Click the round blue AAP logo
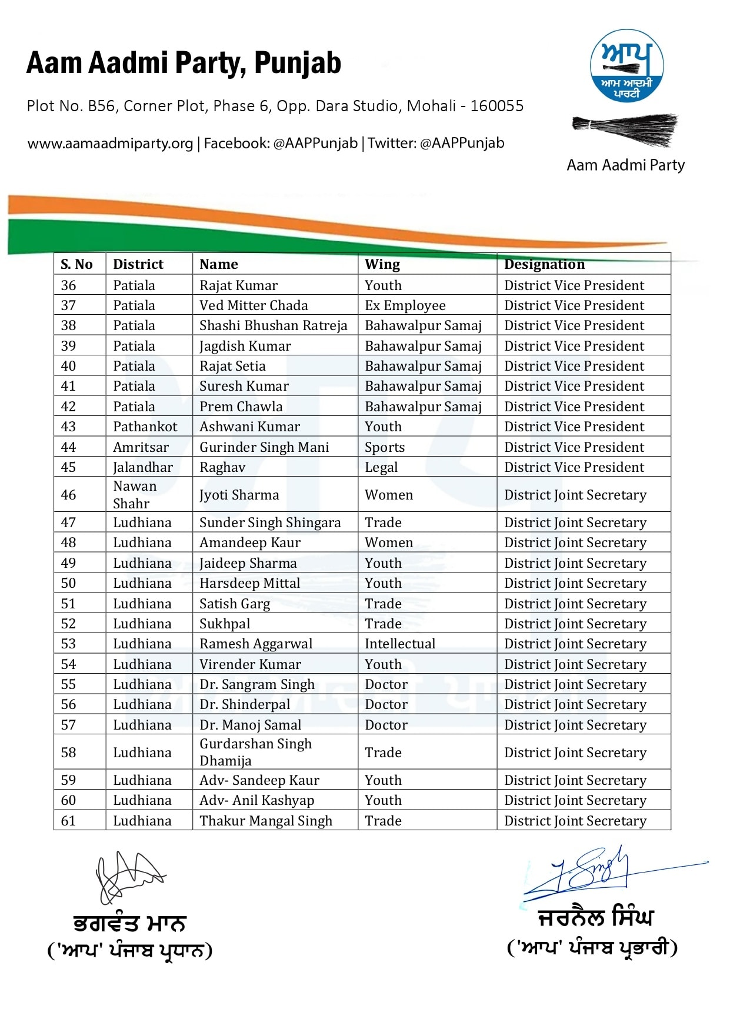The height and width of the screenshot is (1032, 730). pos(626,65)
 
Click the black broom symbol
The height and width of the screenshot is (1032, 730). pos(625,129)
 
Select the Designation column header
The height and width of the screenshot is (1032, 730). pos(544,264)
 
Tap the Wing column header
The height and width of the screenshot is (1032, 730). pos(382,264)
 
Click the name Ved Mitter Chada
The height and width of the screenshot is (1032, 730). pos(254,305)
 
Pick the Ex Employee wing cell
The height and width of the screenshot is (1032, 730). pos(405,305)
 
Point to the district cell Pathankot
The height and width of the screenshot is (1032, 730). pos(145,427)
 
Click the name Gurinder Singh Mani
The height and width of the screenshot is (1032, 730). pos(264,447)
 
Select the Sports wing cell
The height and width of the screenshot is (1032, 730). pos(385,447)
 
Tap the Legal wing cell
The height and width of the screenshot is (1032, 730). pos(381,467)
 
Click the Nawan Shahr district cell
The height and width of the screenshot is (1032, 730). pos(135,495)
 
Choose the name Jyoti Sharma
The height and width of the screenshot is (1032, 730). pos(239,495)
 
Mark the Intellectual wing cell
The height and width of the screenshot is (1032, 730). pos(400,644)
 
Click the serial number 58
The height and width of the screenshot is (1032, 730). pos(68,753)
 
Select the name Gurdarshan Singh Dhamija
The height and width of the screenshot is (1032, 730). pos(255,752)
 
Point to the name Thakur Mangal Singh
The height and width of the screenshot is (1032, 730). pos(266,821)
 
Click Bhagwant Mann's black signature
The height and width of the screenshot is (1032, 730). pos(129,876)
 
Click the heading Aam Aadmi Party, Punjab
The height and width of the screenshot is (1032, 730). pos(184,63)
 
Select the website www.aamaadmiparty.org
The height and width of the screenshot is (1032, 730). pos(110,143)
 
